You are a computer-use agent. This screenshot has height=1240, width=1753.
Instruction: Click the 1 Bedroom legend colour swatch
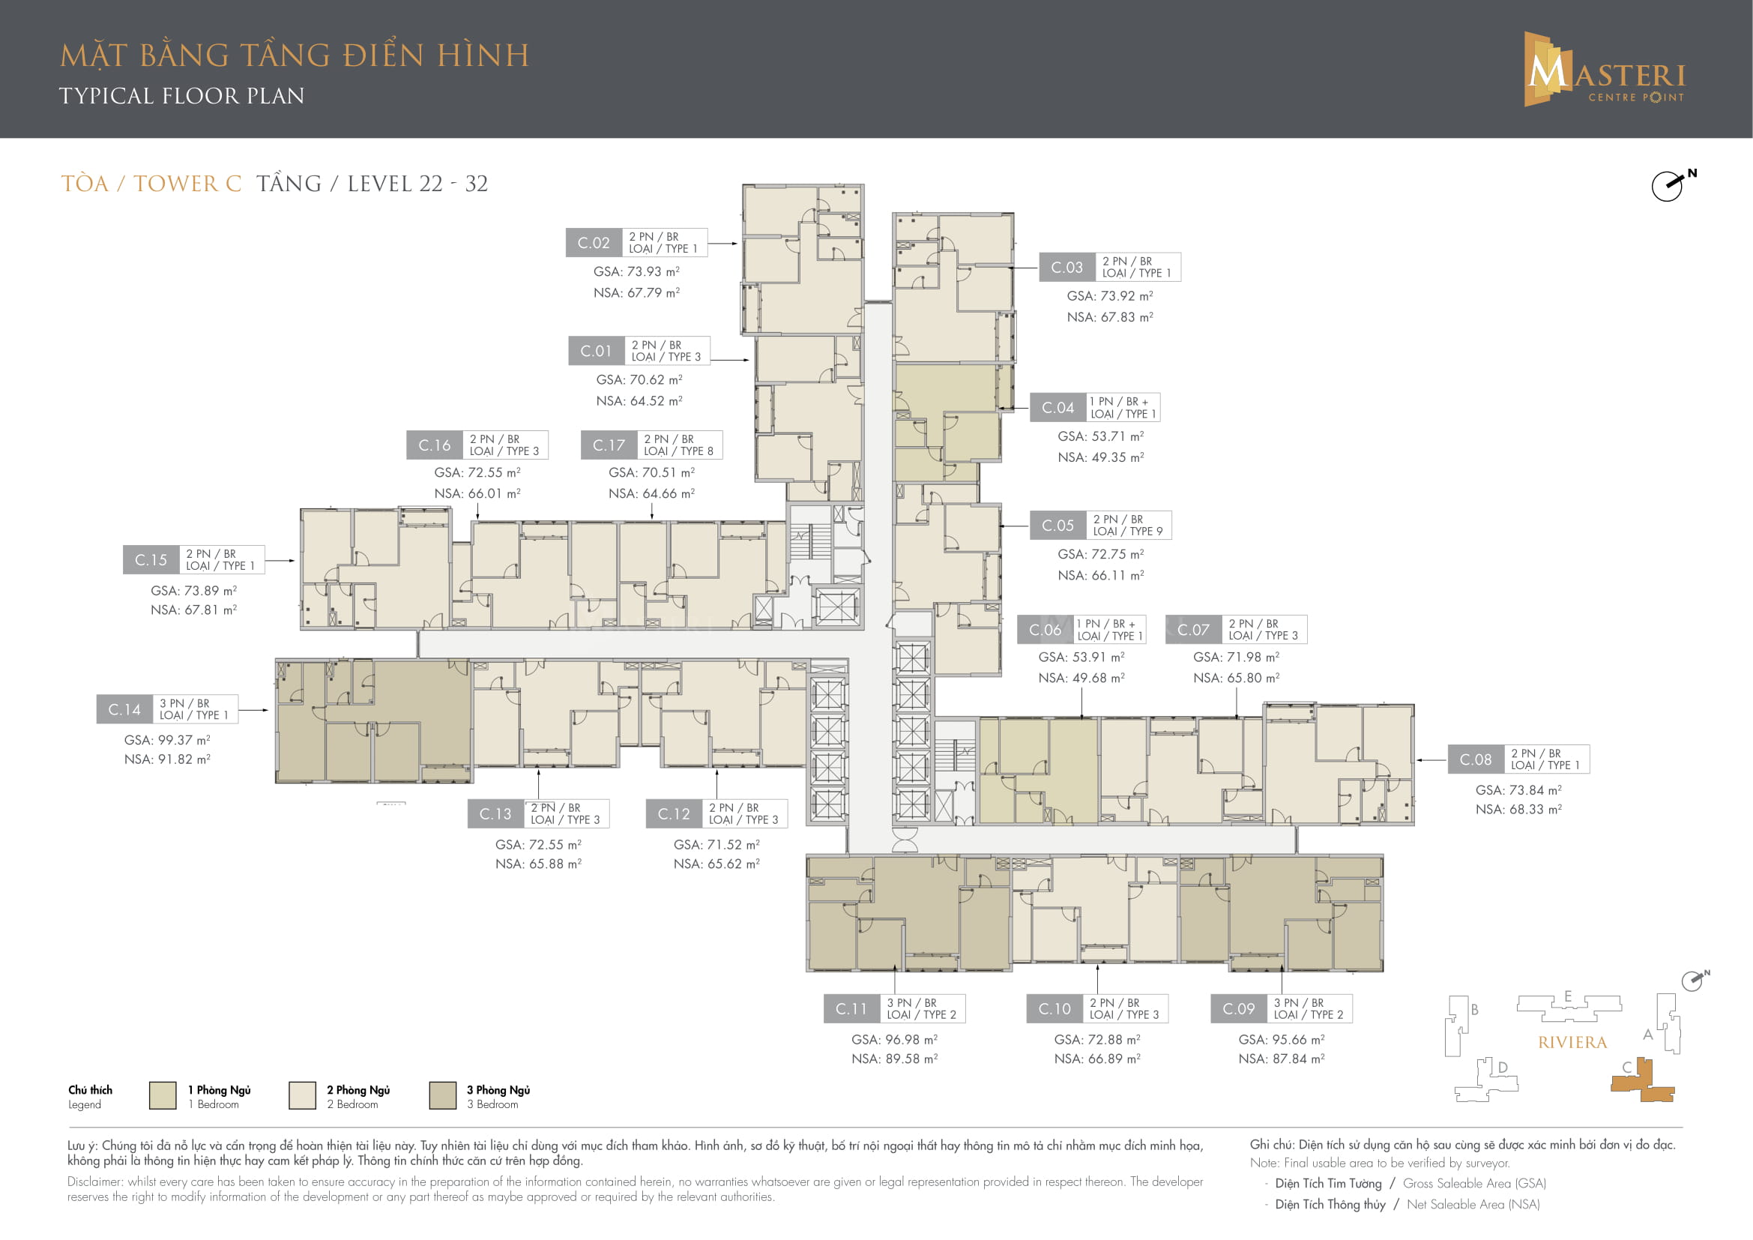pos(163,1096)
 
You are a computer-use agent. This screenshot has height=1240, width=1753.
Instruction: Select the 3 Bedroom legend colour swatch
pos(443,1096)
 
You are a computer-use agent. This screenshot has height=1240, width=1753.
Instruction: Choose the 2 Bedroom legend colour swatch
pos(302,1096)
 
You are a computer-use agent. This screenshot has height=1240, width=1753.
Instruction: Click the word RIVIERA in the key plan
pos(1572,1043)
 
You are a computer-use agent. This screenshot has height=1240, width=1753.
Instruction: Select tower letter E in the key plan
pos(1567,996)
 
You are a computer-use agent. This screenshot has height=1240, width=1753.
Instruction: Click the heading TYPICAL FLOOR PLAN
pos(181,96)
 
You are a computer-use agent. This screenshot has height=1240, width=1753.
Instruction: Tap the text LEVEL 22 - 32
pos(417,184)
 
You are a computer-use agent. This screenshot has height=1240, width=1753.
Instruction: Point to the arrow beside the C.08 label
pos(1431,760)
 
